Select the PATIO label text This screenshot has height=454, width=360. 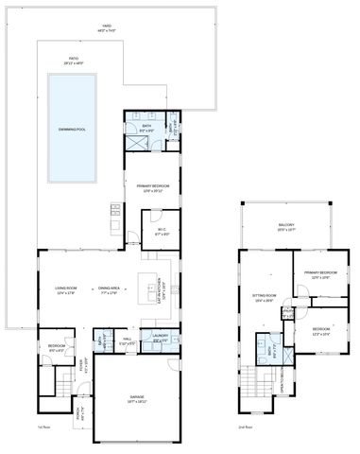click(73, 61)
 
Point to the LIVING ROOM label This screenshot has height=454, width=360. click(66, 289)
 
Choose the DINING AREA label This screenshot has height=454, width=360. click(110, 289)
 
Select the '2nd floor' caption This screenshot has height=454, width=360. click(245, 427)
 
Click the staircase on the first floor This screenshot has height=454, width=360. click(63, 384)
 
